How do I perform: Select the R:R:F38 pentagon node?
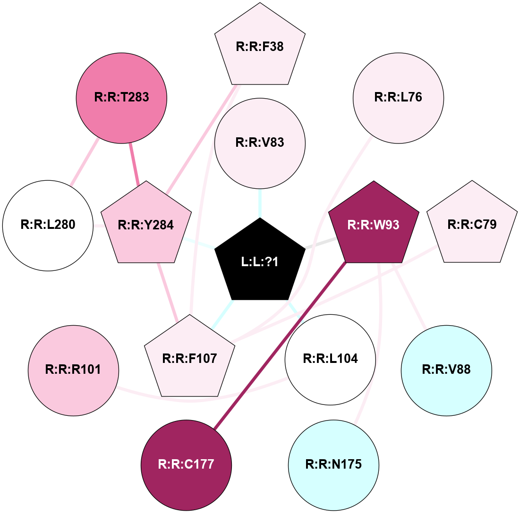coord(260,47)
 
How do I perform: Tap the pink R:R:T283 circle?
coord(121,98)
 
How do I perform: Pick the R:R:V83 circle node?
coord(260,143)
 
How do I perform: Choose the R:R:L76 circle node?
coord(398,98)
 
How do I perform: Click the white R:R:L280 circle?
coord(48,225)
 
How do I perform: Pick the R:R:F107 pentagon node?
coord(189,359)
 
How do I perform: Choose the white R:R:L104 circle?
coord(330,359)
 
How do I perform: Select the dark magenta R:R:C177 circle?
coord(187,465)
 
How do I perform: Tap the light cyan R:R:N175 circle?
coord(333,465)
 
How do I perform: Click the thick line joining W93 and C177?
coord(280,345)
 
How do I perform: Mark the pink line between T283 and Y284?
coord(134,164)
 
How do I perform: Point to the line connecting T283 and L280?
coord(85,161)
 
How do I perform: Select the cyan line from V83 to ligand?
coord(260,202)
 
